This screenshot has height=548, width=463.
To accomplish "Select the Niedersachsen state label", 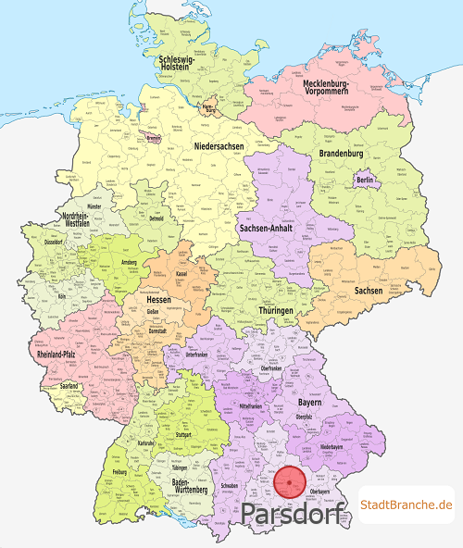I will pyautogui.click(x=220, y=147).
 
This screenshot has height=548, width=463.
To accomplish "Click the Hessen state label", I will pyautogui.click(x=161, y=300).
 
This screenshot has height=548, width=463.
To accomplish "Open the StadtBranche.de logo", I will pyautogui.click(x=407, y=504).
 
